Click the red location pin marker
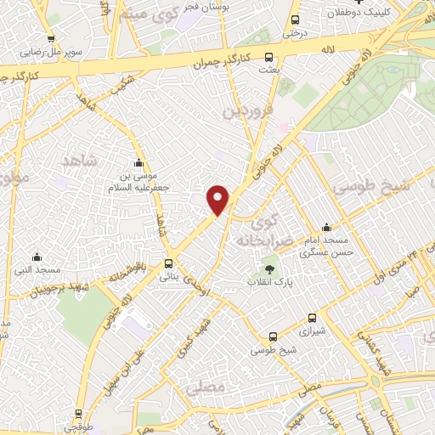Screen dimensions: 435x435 coord(219,200)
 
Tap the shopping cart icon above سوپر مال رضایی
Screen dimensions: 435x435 coord(52,38)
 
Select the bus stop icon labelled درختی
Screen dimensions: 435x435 coord(295,20)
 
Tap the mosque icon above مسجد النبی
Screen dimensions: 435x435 coord(37,257)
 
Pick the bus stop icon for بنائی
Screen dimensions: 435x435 coord(169,263)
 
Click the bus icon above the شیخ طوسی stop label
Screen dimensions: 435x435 coord(273,337)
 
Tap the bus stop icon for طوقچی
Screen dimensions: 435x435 coord(79,415)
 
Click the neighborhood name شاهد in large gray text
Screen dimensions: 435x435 coord(81,161)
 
